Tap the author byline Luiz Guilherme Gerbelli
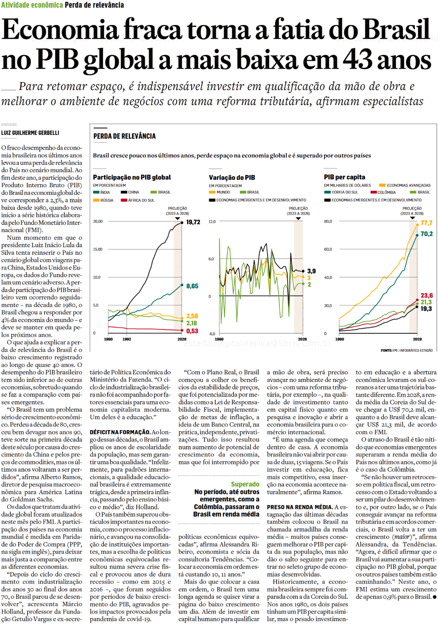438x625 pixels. tap(30, 133)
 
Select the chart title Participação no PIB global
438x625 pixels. tap(132, 177)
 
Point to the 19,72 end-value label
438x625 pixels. tap(193, 222)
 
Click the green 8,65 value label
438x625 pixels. tap(192, 286)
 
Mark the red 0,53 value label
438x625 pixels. tap(192, 331)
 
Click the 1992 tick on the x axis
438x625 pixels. tap(127, 339)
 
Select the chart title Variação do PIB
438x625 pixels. tap(232, 177)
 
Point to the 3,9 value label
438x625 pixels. tap(311, 271)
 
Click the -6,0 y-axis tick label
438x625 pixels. tap(211, 334)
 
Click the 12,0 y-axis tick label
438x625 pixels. tap(212, 222)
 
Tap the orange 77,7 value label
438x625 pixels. tap(426, 223)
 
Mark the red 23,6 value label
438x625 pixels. tap(426, 295)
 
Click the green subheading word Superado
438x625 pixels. tap(245, 484)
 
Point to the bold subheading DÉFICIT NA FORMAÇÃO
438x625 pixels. tap(120, 432)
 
